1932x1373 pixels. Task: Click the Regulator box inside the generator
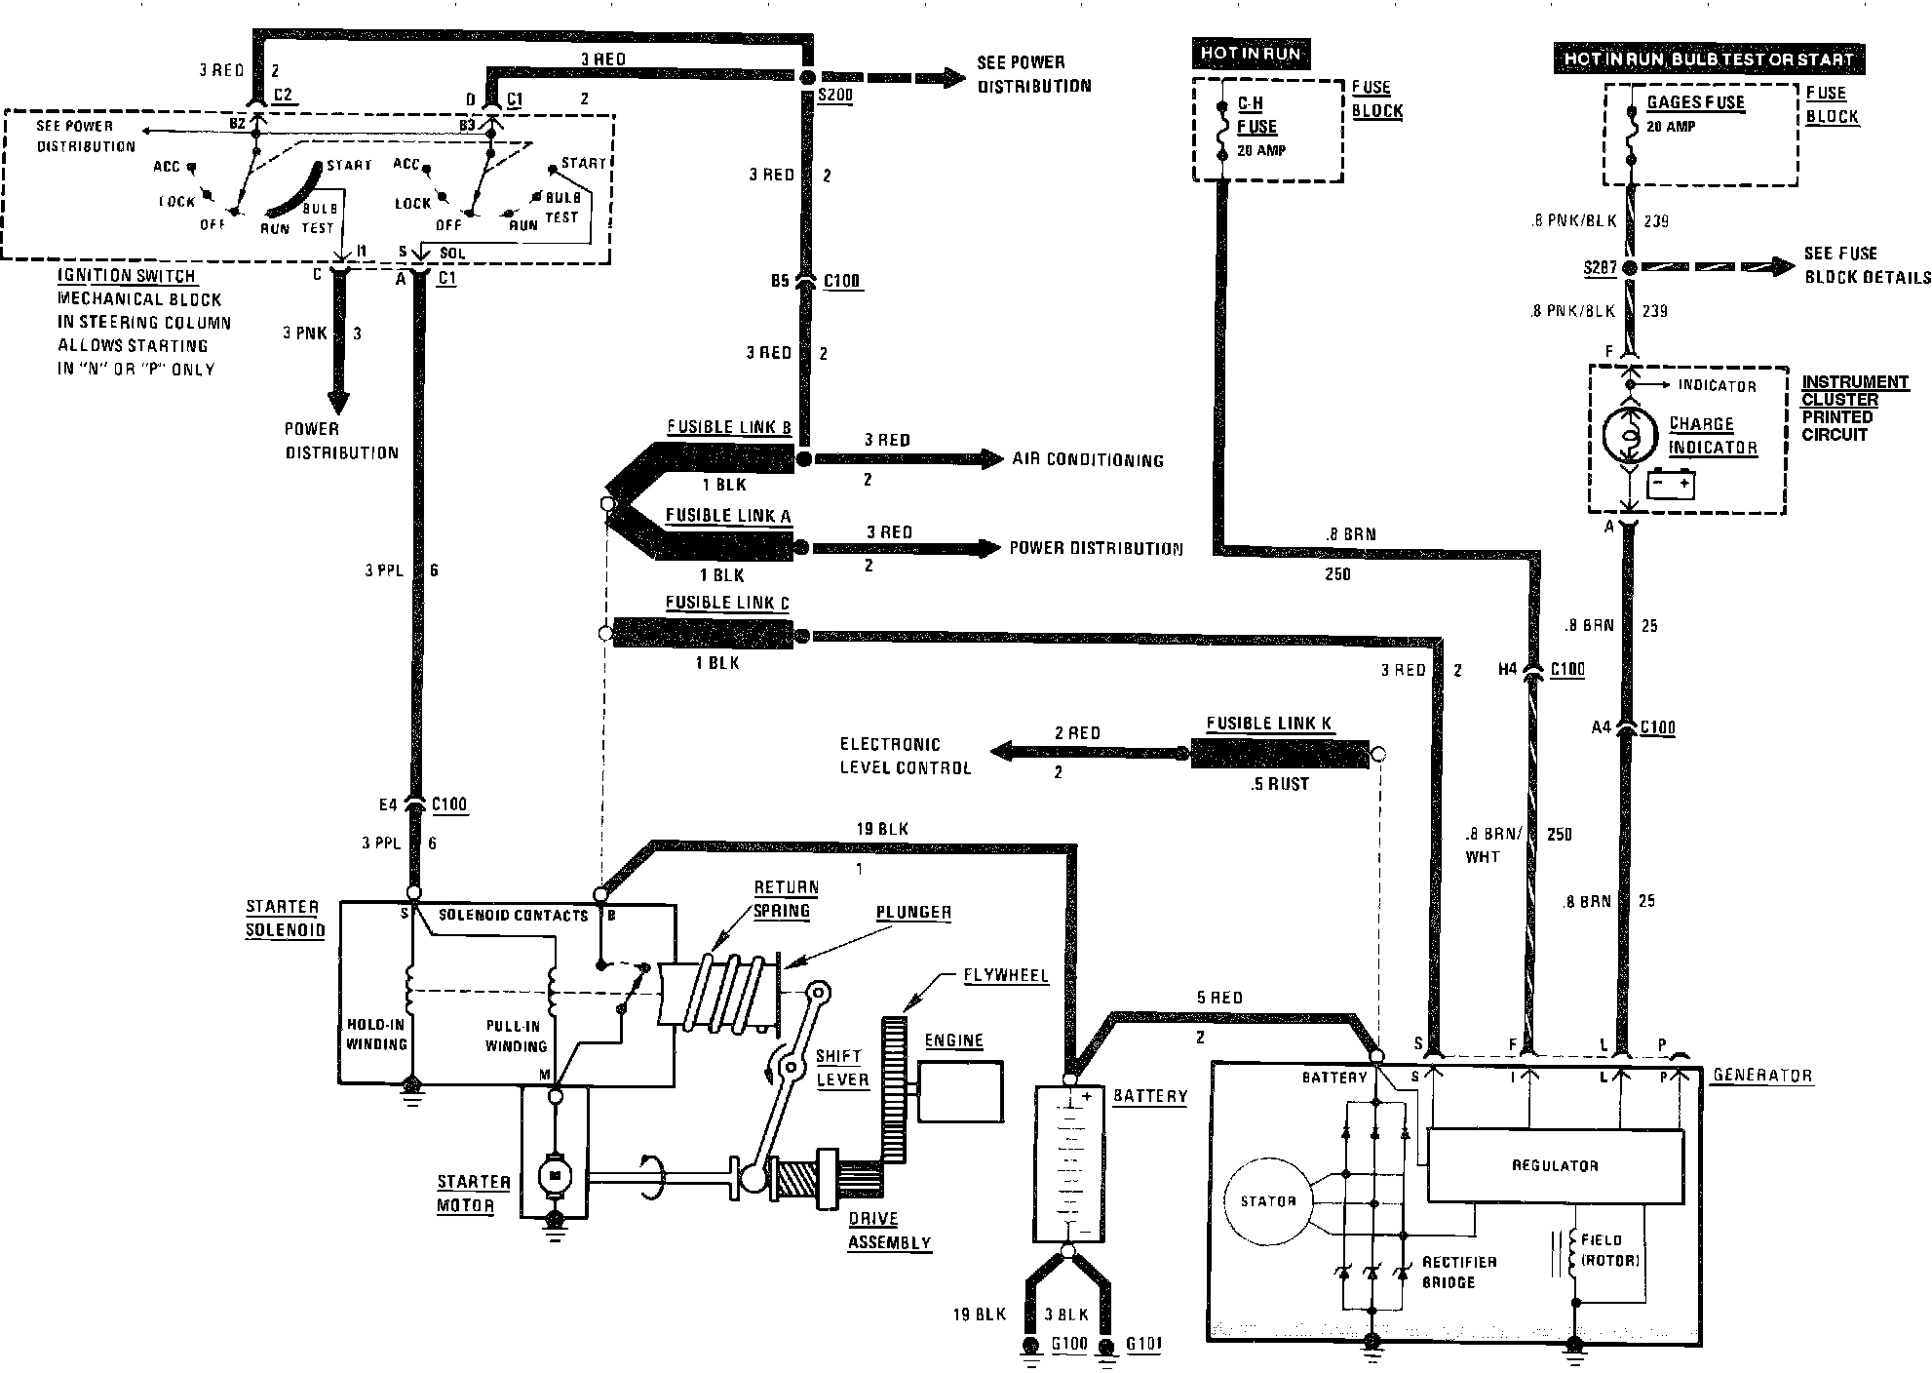(1555, 1165)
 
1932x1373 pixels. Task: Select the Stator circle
(1267, 1201)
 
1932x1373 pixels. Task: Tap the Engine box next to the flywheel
(961, 1091)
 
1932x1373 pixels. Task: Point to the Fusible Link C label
(727, 603)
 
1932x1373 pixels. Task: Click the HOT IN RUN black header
(1251, 53)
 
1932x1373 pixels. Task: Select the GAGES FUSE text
(1695, 102)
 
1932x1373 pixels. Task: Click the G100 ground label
(1069, 1344)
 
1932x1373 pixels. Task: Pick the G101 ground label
(1143, 1344)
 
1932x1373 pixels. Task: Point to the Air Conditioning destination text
(1088, 459)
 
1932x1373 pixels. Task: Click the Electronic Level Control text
(906, 756)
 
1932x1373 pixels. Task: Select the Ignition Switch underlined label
(127, 276)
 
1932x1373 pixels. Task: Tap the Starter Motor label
(474, 1194)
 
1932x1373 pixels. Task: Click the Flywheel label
(1005, 975)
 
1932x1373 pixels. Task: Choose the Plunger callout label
(913, 913)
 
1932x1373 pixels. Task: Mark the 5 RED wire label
(1218, 998)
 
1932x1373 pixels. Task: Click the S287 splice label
(1601, 267)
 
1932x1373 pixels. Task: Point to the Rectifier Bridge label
(1458, 1272)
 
